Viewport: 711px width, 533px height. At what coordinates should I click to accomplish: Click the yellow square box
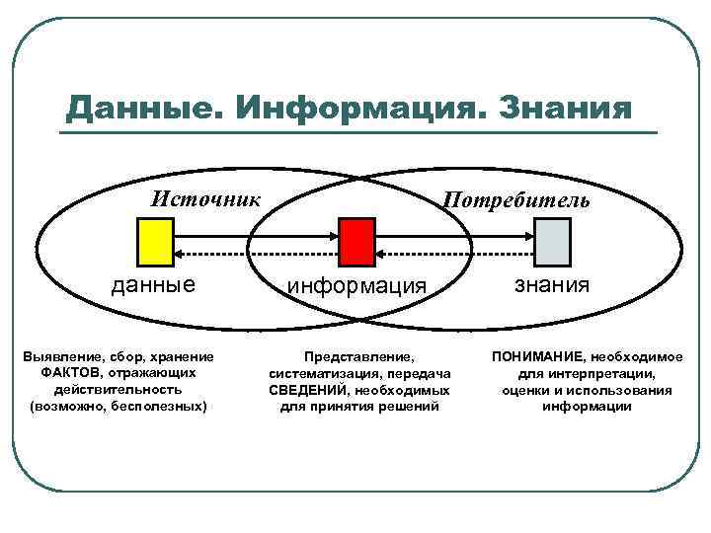click(x=155, y=242)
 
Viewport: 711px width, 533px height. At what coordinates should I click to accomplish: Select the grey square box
click(x=552, y=242)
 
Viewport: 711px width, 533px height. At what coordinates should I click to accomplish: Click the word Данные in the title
click(x=137, y=107)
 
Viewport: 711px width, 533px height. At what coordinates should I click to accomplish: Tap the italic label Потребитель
click(x=516, y=200)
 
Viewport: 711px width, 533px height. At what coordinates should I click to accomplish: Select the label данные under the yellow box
click(x=153, y=285)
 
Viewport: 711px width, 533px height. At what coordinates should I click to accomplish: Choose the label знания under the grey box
click(x=552, y=285)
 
